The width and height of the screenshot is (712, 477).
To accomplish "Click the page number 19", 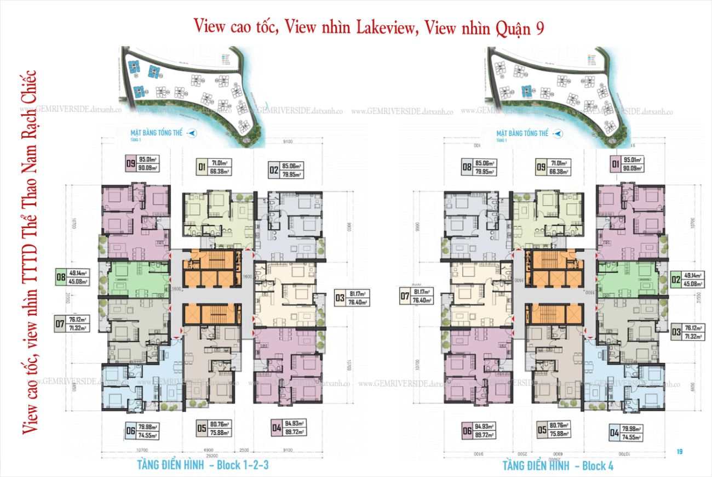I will [679, 452].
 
